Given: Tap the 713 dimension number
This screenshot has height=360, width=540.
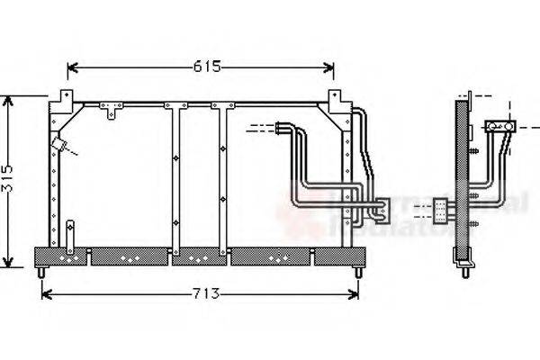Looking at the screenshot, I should pos(202,294).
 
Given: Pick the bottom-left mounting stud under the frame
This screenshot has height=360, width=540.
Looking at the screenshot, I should pos(41,271).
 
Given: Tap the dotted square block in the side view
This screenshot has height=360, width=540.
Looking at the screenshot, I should pos(441,210).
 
